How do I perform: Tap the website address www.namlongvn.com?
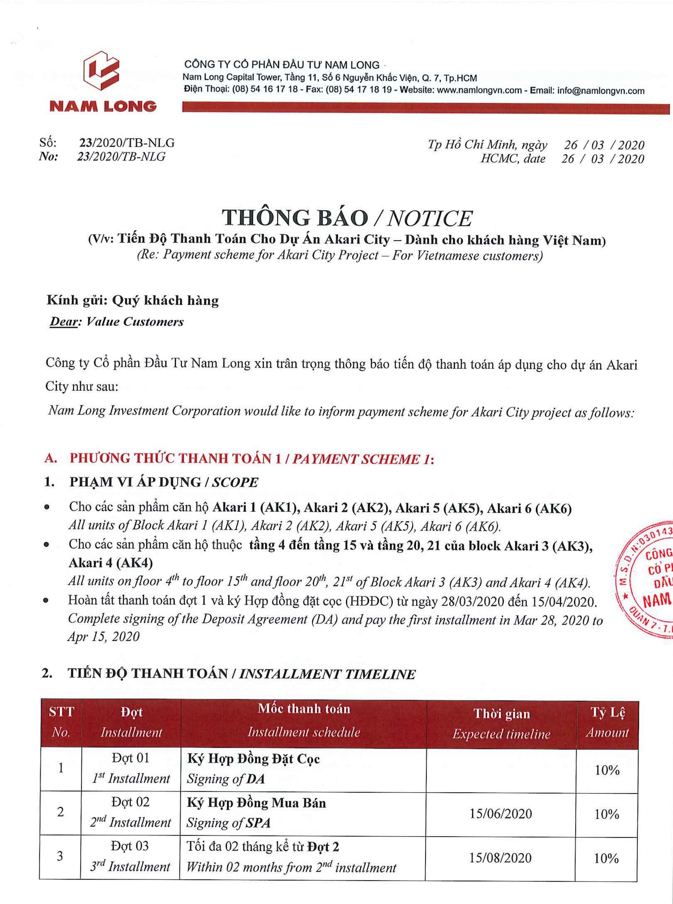[479, 90]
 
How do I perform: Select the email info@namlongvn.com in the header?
[600, 90]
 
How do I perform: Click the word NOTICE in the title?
[429, 218]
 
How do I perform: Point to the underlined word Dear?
[63, 322]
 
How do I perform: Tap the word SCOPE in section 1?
[235, 482]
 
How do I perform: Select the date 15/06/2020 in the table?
[501, 814]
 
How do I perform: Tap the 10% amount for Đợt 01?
[607, 770]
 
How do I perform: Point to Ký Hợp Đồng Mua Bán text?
[256, 803]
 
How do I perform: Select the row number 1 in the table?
[61, 768]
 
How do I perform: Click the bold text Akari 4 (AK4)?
[111, 563]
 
